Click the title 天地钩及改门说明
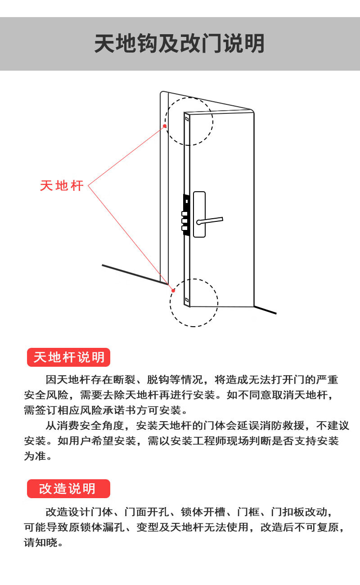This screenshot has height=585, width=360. (180, 44)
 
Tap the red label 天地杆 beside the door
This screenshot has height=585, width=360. (62, 185)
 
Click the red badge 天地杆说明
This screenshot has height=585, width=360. (69, 357)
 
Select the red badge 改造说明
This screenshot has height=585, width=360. (68, 489)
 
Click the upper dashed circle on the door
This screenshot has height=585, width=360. (189, 121)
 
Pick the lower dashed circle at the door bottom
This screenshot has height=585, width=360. (194, 302)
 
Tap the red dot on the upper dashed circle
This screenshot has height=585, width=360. (165, 126)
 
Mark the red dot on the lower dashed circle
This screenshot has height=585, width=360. (173, 291)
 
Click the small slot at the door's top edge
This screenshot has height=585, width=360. (187, 120)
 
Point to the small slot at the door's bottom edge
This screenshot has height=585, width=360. (186, 299)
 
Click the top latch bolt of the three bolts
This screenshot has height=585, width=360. (184, 214)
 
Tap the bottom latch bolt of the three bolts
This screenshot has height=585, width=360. (184, 228)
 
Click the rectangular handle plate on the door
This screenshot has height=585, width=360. (199, 214)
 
